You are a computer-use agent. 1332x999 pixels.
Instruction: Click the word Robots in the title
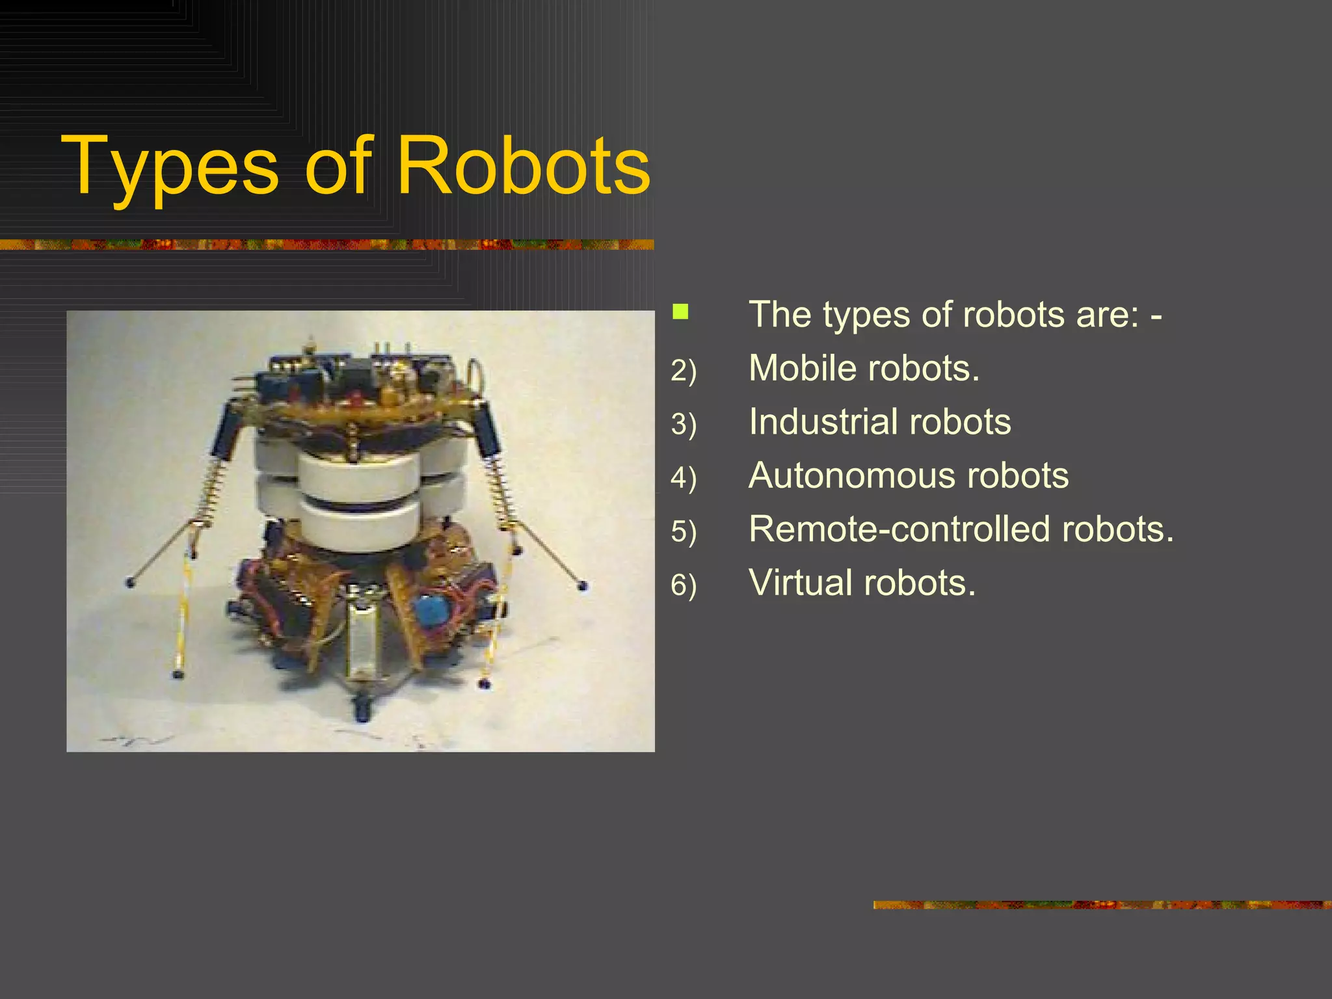523,166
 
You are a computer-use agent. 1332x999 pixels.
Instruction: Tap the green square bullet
680,312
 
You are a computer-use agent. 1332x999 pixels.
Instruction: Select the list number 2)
684,371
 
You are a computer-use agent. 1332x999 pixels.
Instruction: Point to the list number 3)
684,424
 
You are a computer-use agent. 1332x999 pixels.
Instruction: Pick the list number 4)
684,478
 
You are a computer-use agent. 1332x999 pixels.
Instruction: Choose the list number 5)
684,531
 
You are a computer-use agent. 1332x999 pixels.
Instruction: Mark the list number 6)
684,585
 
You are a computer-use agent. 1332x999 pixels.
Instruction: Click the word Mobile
802,368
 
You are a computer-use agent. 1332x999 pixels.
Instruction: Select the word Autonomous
851,475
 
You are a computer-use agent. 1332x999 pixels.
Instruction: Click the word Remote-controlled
899,529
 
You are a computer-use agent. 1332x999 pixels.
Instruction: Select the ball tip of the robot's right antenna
583,586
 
